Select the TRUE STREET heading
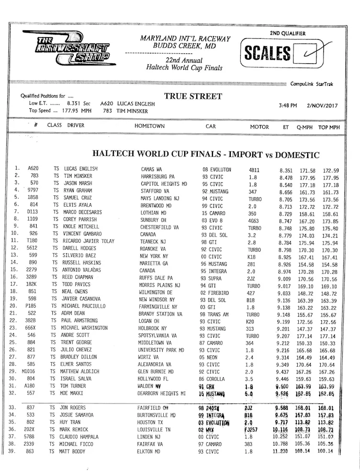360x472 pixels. click(x=193, y=96)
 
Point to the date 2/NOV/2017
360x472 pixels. click(x=322, y=105)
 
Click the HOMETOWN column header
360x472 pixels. click(x=150, y=126)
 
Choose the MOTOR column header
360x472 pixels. click(x=260, y=127)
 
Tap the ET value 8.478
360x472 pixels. click(x=286, y=177)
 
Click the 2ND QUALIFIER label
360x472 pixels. click(x=288, y=33)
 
